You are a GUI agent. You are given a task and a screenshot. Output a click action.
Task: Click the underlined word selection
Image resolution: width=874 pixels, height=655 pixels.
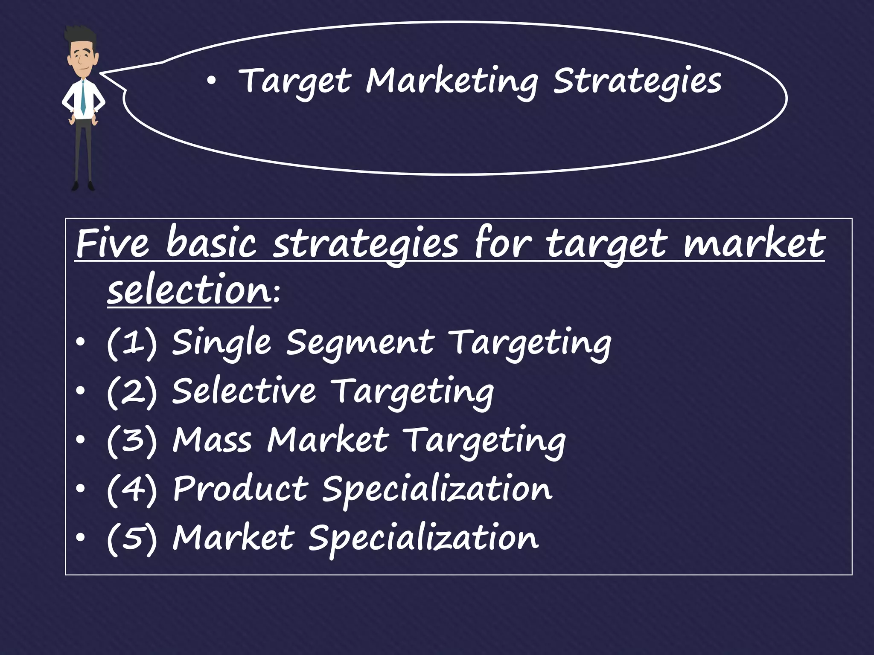189,291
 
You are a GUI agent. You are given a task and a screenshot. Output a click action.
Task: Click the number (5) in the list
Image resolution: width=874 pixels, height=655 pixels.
131,538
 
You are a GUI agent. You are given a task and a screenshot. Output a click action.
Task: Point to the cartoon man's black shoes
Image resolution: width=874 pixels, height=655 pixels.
83,186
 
